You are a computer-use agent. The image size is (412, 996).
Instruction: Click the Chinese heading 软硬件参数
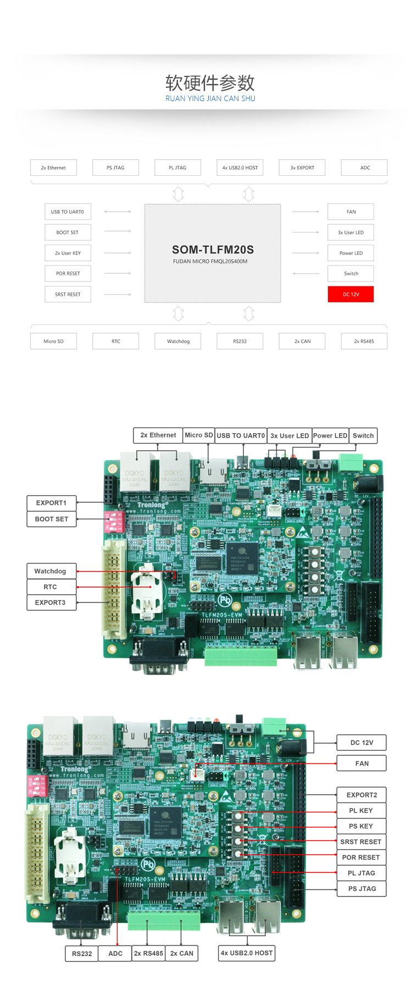coord(210,83)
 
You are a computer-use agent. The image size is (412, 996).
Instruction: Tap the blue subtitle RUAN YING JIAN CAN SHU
coord(210,99)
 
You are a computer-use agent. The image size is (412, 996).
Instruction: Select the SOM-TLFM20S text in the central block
coord(213,250)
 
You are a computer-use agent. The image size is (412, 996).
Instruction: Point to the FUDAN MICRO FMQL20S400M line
coord(210,262)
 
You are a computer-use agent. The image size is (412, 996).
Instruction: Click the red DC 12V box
coord(350,295)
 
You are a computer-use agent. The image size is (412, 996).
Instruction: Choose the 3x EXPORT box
coord(302,168)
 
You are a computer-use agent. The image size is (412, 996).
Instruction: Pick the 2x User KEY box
coord(68,253)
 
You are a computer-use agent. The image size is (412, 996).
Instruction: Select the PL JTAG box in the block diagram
coord(177,168)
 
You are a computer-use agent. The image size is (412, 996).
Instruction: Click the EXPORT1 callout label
coord(51,503)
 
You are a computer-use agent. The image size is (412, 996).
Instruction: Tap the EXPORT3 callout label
coord(50,602)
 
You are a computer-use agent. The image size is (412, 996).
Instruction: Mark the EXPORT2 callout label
coord(361,795)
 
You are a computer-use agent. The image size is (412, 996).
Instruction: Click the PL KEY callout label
coord(361,810)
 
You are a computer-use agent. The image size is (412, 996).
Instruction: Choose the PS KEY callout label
coord(361,826)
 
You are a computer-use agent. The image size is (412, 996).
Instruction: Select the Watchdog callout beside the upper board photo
coord(50,571)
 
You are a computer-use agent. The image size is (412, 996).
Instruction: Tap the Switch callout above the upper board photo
coord(363,435)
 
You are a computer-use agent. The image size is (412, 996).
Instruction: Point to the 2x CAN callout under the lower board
coord(182,953)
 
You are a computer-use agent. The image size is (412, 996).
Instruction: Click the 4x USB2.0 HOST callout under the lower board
coord(247,953)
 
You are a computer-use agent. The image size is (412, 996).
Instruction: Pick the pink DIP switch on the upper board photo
coord(114,521)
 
